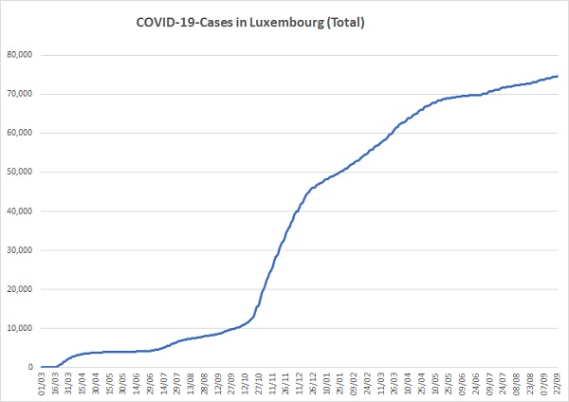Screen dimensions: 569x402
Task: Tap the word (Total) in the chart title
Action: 345,23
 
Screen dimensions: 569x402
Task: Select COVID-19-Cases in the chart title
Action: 184,23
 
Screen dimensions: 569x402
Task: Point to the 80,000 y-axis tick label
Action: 20,55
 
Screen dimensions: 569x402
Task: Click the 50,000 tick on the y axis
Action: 20,172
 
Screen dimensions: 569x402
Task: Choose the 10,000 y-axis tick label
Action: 20,328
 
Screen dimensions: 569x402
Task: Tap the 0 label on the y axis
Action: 30,367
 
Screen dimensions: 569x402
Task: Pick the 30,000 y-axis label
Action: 20,250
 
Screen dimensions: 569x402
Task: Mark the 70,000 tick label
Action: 20,94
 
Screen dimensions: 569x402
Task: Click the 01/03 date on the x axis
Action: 42,384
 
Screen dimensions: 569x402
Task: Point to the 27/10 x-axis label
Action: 259,384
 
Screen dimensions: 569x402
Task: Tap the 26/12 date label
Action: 313,384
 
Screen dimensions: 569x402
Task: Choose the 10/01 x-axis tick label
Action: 326,384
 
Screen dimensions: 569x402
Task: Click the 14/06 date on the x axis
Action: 137,384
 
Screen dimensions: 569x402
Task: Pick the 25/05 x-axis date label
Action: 449,384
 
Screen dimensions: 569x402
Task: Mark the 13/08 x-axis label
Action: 191,384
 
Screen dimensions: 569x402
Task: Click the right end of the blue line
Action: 558,76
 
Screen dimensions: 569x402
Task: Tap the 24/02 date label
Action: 368,384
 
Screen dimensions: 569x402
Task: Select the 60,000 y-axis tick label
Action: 20,133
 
